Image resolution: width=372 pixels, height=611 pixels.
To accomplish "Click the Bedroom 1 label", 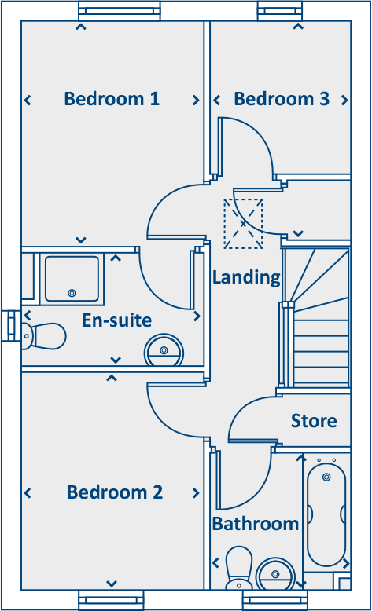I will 112,99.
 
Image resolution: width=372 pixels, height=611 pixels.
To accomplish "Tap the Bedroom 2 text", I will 115,492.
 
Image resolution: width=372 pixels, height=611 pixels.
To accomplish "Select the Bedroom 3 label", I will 282,99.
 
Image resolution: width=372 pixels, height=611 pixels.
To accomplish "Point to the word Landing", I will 246,277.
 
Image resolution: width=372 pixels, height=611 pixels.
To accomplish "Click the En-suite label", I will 116,320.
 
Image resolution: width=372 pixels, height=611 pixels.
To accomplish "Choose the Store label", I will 314,421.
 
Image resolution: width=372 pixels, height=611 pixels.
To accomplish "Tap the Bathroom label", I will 255,524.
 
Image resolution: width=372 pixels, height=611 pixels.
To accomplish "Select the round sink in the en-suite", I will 164,349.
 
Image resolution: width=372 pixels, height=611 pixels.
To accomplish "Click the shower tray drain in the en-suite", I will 72,292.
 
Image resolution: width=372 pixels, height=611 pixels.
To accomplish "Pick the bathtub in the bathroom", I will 326,514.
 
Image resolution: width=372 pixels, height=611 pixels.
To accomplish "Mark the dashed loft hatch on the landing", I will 243,224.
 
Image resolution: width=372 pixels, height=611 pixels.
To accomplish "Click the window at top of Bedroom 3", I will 281,11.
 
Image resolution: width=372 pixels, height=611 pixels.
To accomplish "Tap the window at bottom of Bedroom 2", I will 111,600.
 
